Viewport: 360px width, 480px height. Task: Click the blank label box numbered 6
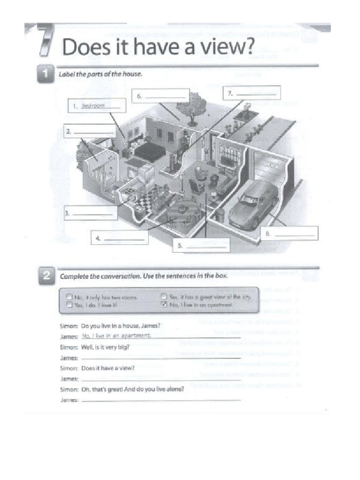(160, 97)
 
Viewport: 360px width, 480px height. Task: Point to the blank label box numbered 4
(120, 238)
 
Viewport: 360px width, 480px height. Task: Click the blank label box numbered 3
(89, 213)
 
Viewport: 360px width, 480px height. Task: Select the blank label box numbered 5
(202, 245)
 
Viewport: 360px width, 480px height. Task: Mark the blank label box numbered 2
(89, 133)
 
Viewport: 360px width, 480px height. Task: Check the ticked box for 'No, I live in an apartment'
(164, 305)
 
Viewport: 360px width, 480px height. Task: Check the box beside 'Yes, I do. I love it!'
(69, 305)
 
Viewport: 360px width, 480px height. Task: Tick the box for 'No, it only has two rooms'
(69, 296)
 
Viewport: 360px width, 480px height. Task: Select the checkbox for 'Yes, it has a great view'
(164, 296)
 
